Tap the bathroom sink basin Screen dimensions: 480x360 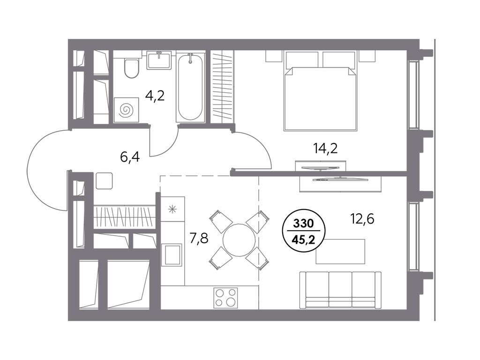tap(159, 60)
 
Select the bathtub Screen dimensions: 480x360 tap(190, 87)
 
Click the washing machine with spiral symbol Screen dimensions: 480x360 tap(126, 110)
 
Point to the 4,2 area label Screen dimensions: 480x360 tap(155, 96)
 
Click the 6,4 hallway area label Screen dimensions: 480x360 tap(130, 157)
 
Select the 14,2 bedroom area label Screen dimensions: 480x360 tap(325, 149)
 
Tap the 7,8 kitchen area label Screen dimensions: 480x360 tap(199, 238)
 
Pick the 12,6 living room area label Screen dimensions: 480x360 tap(362, 219)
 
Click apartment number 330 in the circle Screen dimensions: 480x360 tap(304, 224)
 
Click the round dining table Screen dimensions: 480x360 tap(239, 240)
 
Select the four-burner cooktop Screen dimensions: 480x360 tap(225, 297)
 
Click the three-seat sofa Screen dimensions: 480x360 tap(340, 290)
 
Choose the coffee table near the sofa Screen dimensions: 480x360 tap(340, 251)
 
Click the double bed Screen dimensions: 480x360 tap(321, 91)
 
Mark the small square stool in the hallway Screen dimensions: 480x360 tap(105, 180)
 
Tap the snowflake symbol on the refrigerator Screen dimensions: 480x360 tap(172, 210)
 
